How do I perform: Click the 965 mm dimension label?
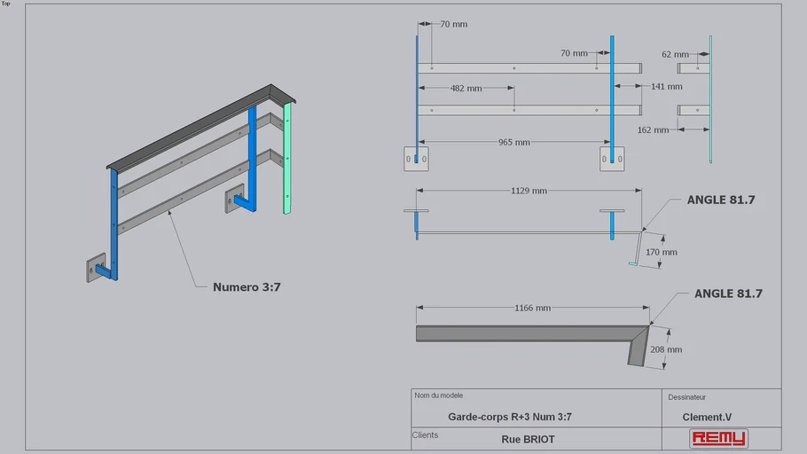coord(513,142)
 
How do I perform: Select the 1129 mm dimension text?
coord(529,191)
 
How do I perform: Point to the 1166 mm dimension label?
coord(532,308)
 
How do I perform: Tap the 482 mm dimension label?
coord(466,89)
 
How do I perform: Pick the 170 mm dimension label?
coord(661,252)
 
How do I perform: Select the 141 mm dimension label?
coord(666,87)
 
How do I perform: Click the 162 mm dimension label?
coord(653,130)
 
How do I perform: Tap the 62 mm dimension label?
coord(675,55)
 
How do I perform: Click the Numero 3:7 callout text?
coord(247,286)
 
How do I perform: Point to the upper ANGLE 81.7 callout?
coord(720,200)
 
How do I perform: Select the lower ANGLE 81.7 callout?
coord(727,294)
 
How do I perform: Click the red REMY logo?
coord(718,438)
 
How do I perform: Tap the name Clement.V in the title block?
coord(707,417)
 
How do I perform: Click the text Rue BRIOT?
coord(528,439)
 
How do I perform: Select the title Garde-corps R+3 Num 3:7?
coord(509,417)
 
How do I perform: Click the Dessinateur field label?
coord(686,397)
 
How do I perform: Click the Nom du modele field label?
coord(438,395)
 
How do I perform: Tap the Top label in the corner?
coord(5,4)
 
